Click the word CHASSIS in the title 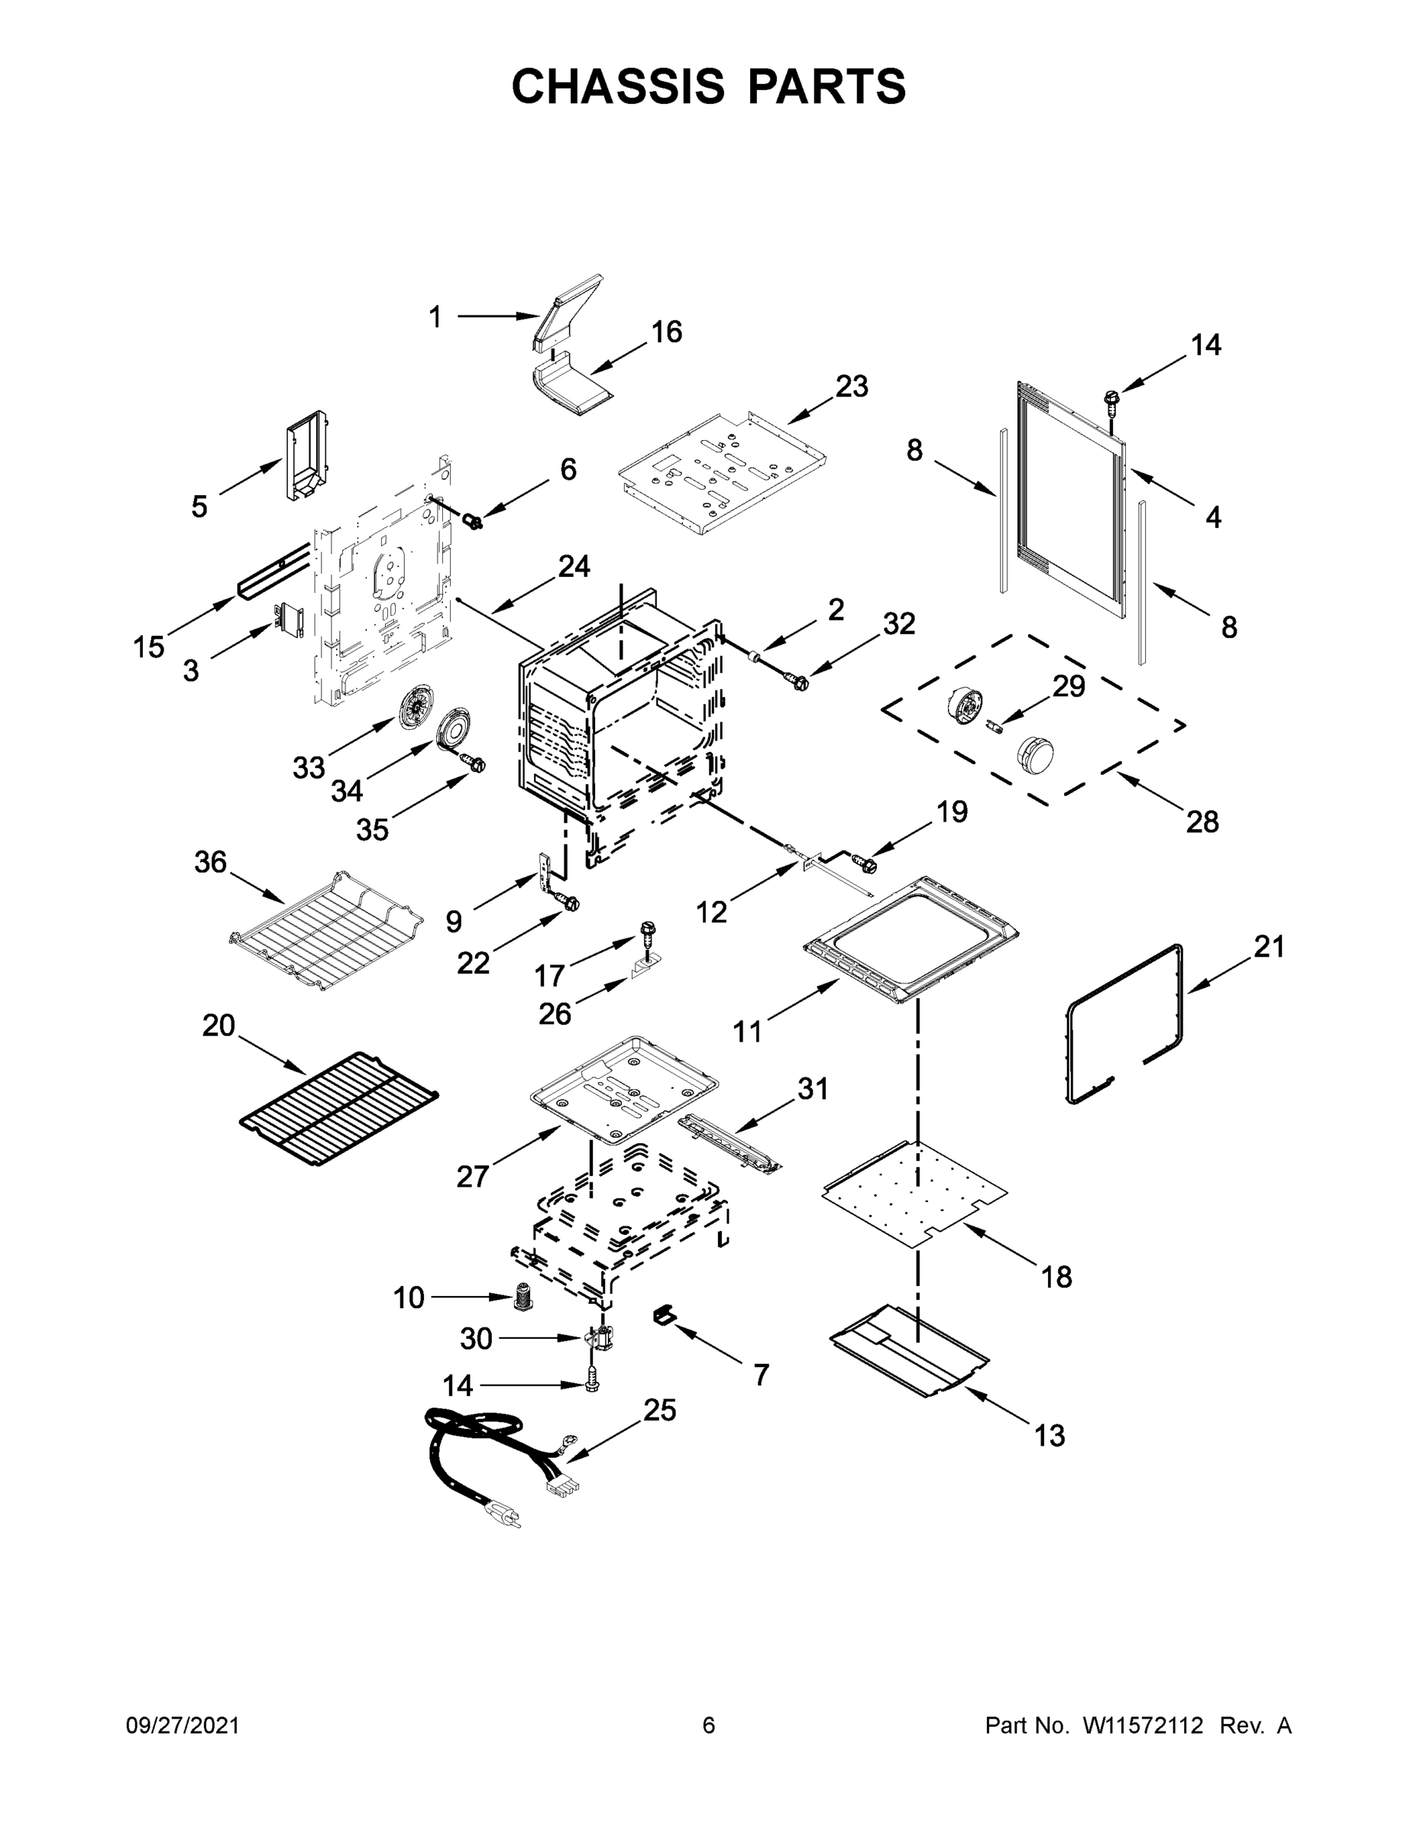(618, 86)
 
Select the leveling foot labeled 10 (523, 1298)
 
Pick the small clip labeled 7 (664, 1315)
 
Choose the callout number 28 (1202, 821)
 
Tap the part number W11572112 (1143, 1725)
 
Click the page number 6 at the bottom (709, 1725)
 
